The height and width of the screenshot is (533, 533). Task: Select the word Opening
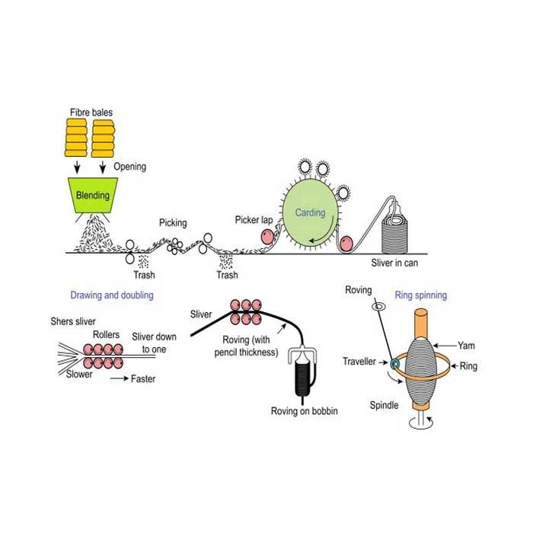point(130,166)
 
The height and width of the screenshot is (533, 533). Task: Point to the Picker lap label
point(254,219)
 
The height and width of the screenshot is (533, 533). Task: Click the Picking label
point(172,223)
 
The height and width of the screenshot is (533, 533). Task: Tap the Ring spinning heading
point(420,294)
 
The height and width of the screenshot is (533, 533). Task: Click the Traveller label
point(360,362)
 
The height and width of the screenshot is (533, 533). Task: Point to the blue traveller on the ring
point(394,365)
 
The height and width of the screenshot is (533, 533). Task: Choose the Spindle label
point(384,405)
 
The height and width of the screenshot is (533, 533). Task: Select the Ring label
point(468,366)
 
